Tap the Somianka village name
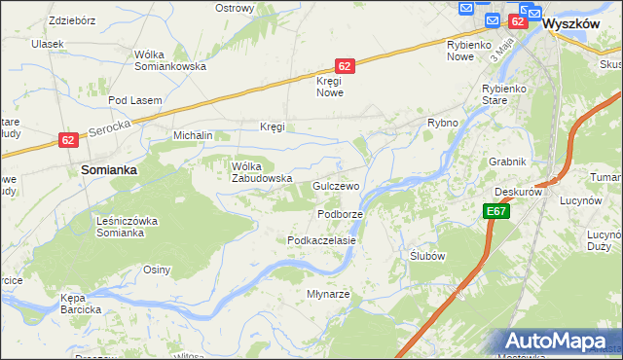108,168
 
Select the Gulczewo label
337,185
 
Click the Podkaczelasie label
321,239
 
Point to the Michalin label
193,136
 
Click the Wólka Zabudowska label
262,171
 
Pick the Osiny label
157,270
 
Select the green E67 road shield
495,211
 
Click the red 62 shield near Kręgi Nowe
345,65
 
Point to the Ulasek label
47,44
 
